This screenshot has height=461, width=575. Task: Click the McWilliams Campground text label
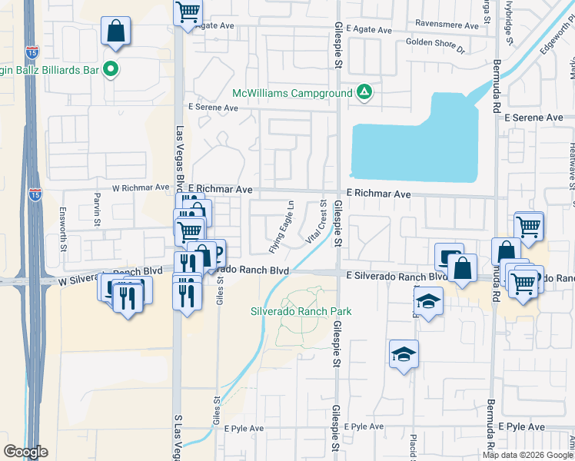click(x=291, y=93)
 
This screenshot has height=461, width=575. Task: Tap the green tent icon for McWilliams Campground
click(x=364, y=93)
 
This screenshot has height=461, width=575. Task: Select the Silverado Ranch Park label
click(x=301, y=311)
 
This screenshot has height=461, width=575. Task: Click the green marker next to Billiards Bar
click(x=111, y=69)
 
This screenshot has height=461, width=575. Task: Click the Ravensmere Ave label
click(x=447, y=25)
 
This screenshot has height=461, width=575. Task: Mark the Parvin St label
click(x=98, y=211)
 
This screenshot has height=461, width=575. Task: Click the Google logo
click(x=25, y=451)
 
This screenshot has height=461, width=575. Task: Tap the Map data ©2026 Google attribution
click(x=527, y=455)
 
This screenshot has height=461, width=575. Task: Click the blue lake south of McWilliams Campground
click(x=415, y=150)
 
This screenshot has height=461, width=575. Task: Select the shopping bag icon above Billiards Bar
click(x=115, y=32)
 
